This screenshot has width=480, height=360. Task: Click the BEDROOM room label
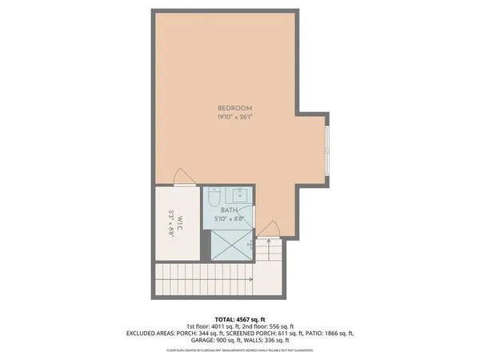coord(235,108)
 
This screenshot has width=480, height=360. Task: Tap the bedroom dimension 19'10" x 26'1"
coord(235,118)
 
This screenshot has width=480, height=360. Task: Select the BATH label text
coord(229,210)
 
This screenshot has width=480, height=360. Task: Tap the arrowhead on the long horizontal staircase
coord(251,279)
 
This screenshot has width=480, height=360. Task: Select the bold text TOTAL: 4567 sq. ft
coord(239,318)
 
